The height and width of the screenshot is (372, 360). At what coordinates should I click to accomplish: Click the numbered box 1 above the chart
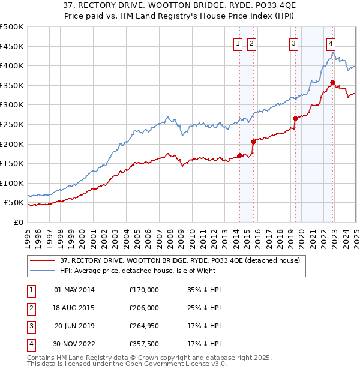[238, 43]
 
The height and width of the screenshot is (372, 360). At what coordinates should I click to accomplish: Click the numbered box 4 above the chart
[331, 43]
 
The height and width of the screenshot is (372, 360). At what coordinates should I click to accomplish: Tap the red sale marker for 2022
[332, 82]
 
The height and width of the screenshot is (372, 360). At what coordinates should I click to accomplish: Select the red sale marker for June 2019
[295, 118]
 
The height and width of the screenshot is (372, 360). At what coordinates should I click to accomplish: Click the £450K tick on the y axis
[12, 46]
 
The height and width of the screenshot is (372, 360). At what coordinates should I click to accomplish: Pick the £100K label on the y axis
[12, 183]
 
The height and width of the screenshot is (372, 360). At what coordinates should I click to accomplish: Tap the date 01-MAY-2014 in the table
[74, 290]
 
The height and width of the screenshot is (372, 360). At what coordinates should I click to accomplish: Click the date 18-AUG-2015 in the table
[74, 308]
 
